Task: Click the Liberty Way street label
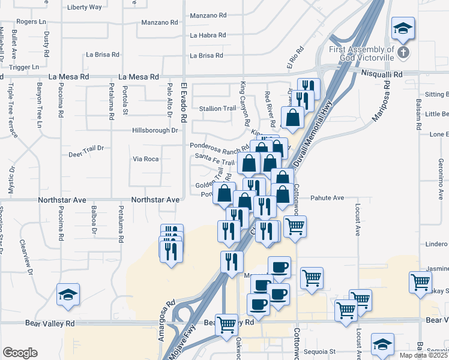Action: pos(85,7)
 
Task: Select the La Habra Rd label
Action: pos(208,35)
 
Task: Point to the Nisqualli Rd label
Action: pos(382,73)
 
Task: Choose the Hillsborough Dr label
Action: pos(155,130)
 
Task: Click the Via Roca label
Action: pos(145,159)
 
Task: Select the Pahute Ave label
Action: pos(327,197)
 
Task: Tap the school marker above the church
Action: pos(403,28)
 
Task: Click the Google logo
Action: pos(20,353)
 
